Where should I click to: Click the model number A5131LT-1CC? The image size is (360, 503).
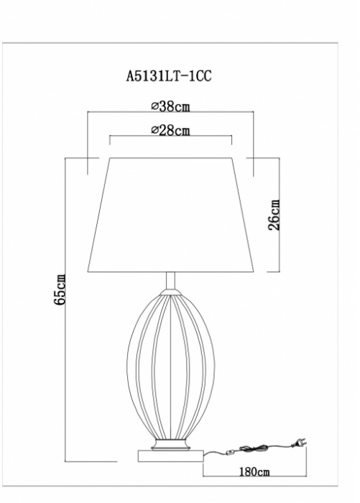(169, 76)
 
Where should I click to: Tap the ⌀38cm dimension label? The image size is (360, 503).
(170, 106)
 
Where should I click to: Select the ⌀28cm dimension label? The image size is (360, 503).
(170, 131)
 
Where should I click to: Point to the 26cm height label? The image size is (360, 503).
(274, 215)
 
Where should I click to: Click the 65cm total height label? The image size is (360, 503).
(60, 289)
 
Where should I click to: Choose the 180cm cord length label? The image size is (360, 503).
(254, 472)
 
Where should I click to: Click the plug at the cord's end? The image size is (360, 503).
(299, 443)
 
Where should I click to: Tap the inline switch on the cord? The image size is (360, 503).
(230, 453)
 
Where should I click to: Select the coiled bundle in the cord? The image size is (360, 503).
(254, 448)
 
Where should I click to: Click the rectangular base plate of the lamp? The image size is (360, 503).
(171, 456)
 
